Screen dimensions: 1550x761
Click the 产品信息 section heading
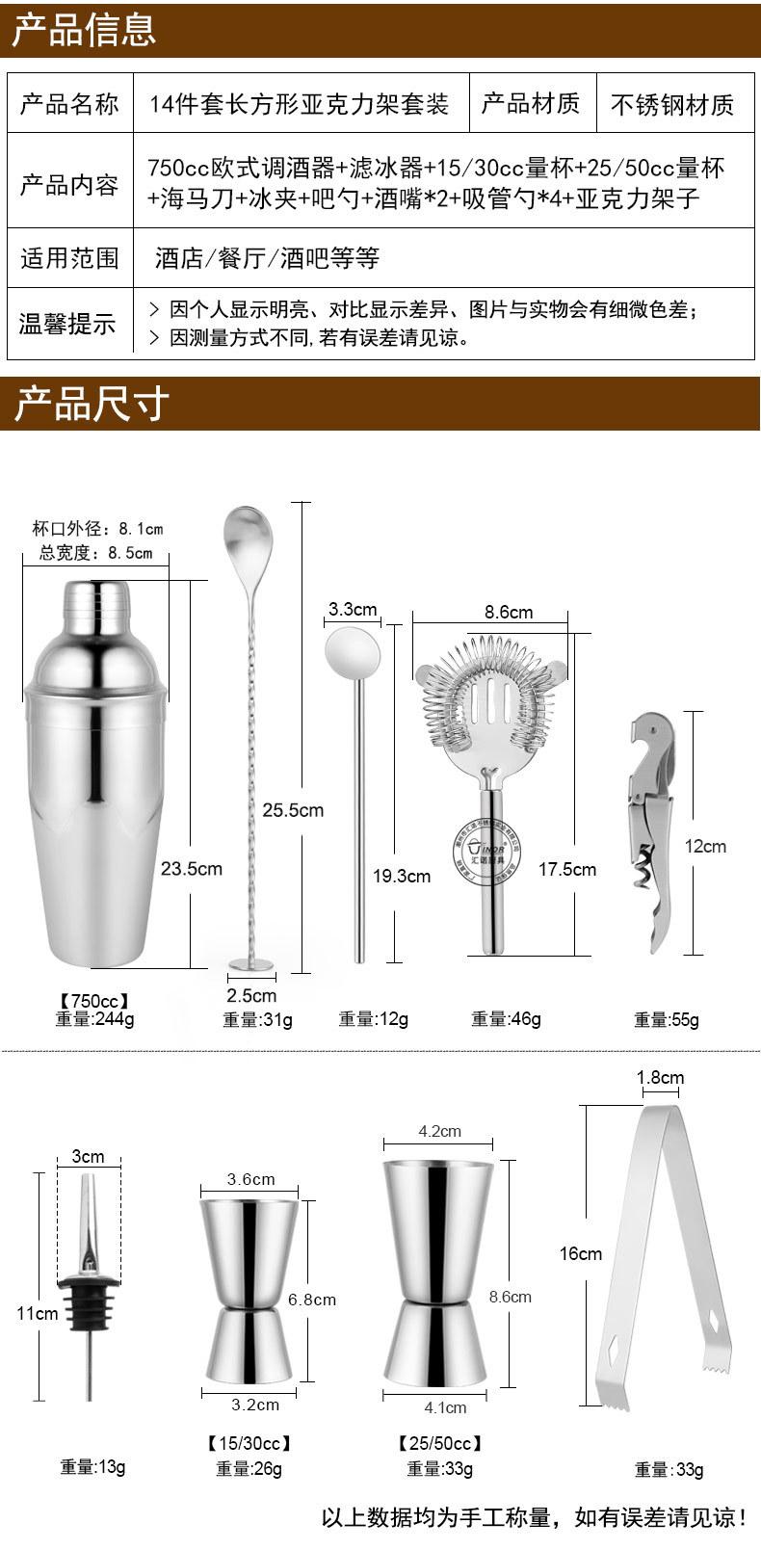click(x=84, y=29)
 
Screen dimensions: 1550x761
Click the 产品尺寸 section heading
click(x=92, y=404)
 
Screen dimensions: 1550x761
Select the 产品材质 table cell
click(x=530, y=103)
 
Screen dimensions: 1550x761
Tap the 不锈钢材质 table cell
click(x=671, y=104)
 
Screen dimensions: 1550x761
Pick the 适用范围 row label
click(x=69, y=258)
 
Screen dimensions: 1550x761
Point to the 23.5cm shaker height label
click(x=191, y=868)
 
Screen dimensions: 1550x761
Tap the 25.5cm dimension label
click(x=293, y=810)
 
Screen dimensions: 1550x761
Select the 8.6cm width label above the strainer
click(x=508, y=612)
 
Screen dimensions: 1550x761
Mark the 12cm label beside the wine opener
click(x=705, y=846)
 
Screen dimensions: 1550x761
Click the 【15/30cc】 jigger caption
click(x=249, y=1443)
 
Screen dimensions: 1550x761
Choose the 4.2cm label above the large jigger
click(x=439, y=1131)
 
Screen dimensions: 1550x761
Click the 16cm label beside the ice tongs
click(x=580, y=1253)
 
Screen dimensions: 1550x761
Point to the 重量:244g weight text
click(x=94, y=1018)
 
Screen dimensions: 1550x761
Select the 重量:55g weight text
click(x=666, y=1019)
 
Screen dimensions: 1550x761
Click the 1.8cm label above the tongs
click(x=660, y=1077)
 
